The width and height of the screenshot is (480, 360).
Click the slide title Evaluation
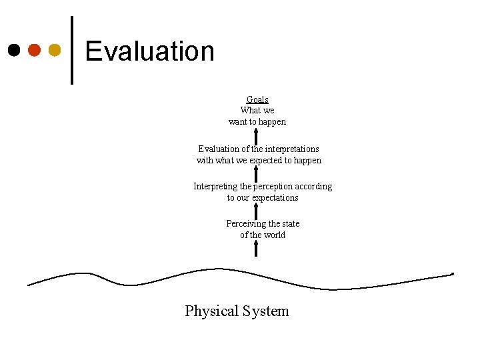[150, 51]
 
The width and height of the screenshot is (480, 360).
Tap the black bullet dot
[13, 50]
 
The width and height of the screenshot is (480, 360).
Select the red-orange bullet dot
[34, 50]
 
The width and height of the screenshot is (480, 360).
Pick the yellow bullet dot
[55, 50]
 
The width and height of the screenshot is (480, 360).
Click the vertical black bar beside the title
[72, 50]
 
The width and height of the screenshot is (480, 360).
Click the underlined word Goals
[257, 99]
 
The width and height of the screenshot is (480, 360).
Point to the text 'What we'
[257, 111]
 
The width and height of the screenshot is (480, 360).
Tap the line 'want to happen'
[257, 122]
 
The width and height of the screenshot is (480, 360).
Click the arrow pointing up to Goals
[256, 135]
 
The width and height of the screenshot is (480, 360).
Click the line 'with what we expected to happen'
[259, 160]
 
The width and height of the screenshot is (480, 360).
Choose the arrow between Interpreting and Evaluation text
[256, 173]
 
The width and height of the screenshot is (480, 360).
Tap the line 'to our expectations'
[263, 198]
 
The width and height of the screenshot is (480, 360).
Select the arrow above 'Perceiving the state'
[256, 210]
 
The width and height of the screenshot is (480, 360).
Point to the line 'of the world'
[263, 235]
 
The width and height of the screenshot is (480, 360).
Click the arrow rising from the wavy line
[256, 249]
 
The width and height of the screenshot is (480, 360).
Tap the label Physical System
[237, 311]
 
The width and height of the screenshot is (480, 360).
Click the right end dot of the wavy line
[453, 274]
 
